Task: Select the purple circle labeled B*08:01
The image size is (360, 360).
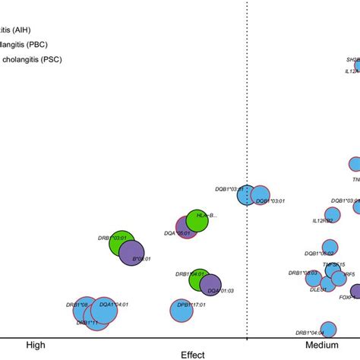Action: pyautogui.click(x=131, y=252)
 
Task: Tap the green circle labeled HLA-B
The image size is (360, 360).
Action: pyautogui.click(x=197, y=220)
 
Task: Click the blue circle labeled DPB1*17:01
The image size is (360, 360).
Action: pyautogui.click(x=181, y=310)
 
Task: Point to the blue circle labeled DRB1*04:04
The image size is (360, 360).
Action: pyautogui.click(x=328, y=328)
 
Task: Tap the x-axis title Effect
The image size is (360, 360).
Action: pyautogui.click(x=193, y=354)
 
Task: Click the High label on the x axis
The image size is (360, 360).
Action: pyautogui.click(x=35, y=345)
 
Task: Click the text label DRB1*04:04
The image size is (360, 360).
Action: pyautogui.click(x=310, y=333)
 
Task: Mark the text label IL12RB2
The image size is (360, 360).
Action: pyautogui.click(x=322, y=221)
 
